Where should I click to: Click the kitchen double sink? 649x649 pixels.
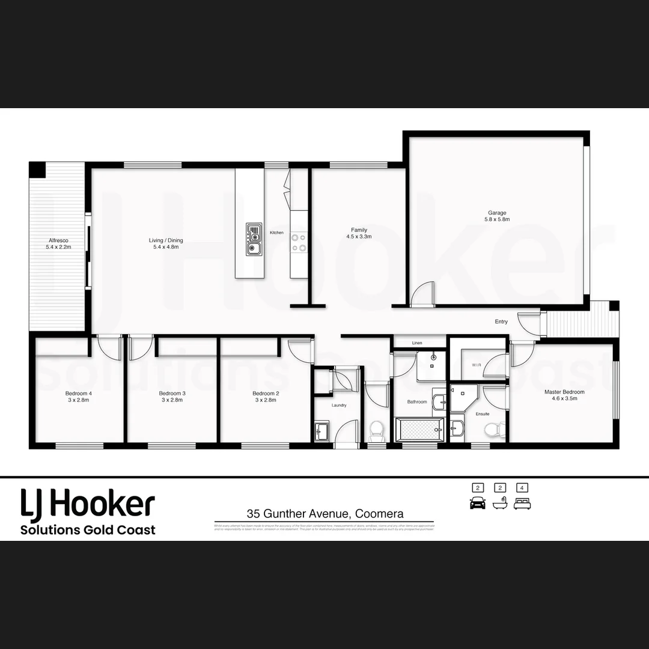(254, 239)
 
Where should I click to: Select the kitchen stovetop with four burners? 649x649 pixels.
(299, 242)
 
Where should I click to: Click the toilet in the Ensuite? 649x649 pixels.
(495, 430)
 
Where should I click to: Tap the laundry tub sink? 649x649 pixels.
(321, 431)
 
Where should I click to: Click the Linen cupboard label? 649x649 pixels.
(417, 343)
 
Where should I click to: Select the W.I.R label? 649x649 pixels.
(477, 365)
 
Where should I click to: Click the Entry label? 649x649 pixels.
(501, 321)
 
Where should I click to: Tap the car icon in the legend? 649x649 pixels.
(478, 503)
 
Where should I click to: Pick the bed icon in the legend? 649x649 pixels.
(523, 503)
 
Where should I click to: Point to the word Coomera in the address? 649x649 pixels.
(379, 514)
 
